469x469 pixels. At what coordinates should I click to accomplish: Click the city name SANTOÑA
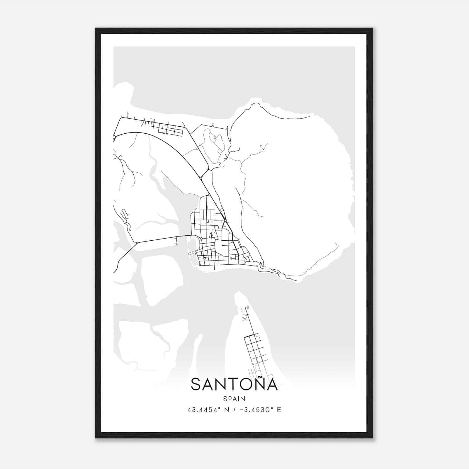234,385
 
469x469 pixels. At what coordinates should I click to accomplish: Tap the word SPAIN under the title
234,399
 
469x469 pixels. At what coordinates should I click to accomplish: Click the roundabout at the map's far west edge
114,137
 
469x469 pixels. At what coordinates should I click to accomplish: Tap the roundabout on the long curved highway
200,178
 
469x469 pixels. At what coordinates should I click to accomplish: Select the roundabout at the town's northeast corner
225,220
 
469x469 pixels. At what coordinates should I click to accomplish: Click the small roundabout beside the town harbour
202,239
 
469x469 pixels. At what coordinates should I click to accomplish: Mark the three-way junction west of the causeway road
137,243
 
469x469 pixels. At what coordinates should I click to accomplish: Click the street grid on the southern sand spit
254,349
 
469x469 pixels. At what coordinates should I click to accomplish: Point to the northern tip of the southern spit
238,293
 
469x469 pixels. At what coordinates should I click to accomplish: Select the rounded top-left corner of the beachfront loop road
121,119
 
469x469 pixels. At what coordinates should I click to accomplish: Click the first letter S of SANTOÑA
196,385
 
